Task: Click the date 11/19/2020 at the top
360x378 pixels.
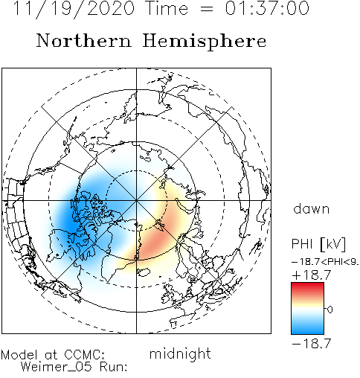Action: (x=74, y=8)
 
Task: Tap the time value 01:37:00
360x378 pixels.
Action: (x=267, y=8)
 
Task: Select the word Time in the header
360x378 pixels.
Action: (x=167, y=8)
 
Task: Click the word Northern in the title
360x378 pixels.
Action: (x=84, y=41)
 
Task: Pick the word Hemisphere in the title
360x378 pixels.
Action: (x=205, y=42)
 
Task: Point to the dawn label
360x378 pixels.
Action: (x=312, y=208)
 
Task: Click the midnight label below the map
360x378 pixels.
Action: (x=180, y=353)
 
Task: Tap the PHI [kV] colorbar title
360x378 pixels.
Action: (x=318, y=244)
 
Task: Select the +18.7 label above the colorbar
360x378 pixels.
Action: (x=312, y=275)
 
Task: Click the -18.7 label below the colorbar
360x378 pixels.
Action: (x=312, y=344)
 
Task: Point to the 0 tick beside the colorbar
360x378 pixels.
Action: (x=330, y=310)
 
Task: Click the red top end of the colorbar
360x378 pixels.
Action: (x=307, y=286)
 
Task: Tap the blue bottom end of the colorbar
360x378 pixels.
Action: (x=307, y=331)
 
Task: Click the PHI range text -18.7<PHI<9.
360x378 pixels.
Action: (x=326, y=262)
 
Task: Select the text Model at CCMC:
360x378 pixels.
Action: (x=53, y=355)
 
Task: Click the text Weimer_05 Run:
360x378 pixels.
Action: (x=74, y=367)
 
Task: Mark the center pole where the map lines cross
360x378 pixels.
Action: (x=136, y=200)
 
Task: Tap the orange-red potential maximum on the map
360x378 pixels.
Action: (x=156, y=240)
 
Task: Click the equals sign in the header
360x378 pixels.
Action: (x=207, y=9)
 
